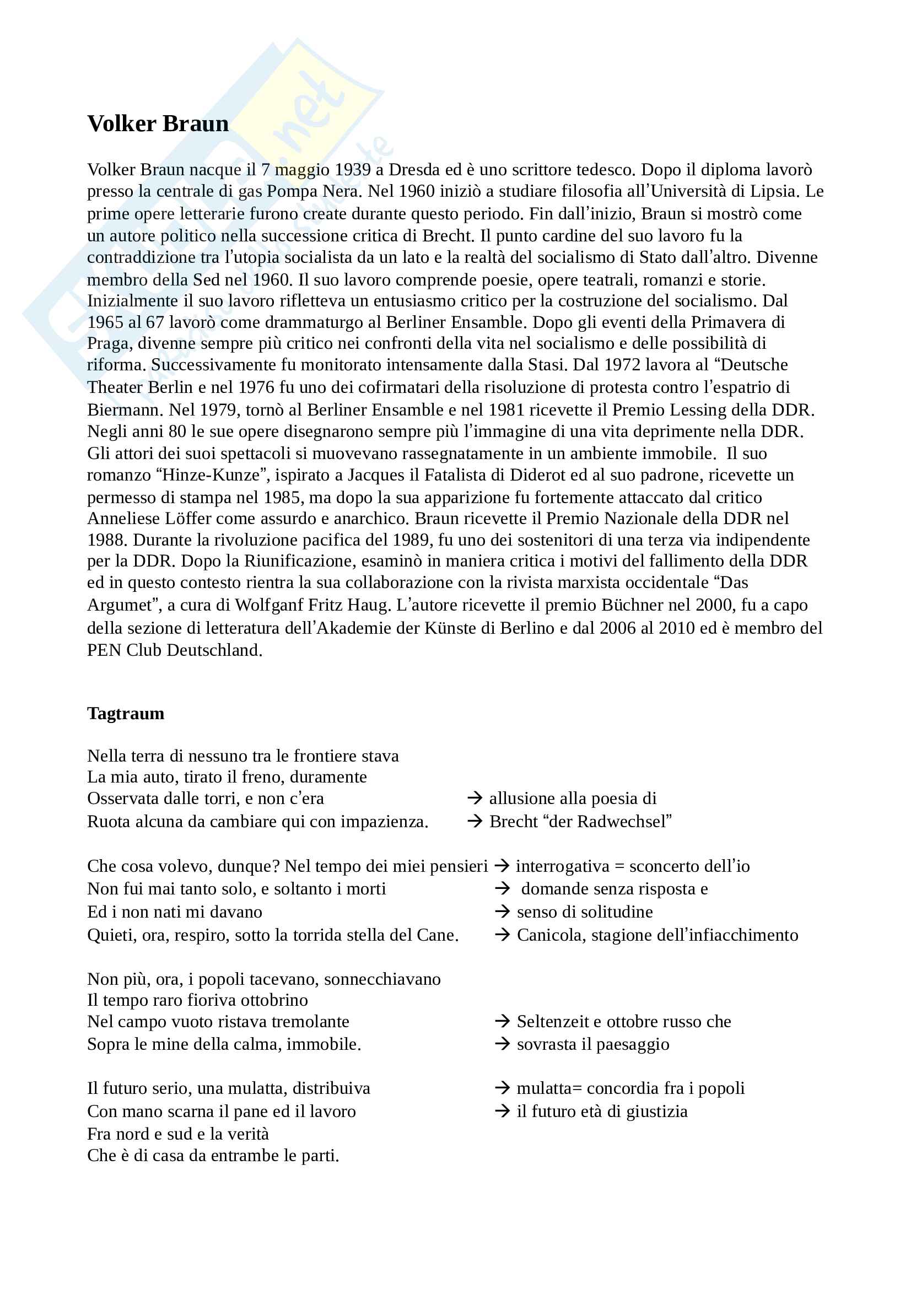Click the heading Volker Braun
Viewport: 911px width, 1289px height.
click(x=158, y=123)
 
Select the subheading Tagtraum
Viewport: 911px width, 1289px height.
click(x=126, y=713)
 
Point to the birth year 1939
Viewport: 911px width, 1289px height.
click(x=353, y=170)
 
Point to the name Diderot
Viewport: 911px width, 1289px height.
click(x=538, y=475)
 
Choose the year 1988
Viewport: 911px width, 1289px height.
click(x=107, y=540)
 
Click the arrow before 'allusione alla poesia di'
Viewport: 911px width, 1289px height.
click(x=475, y=799)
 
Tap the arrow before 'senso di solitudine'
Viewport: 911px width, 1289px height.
click(x=502, y=912)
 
